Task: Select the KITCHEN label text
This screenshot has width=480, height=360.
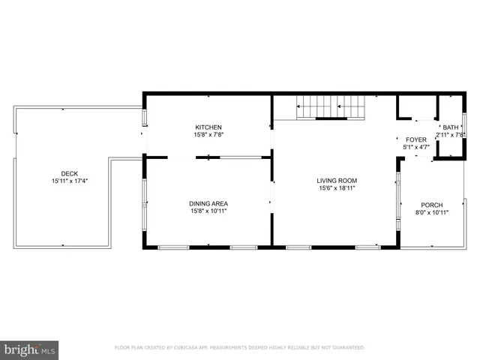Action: tap(208, 127)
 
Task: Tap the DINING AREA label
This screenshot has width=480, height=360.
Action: tap(208, 203)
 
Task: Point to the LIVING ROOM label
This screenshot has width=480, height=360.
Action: tap(336, 180)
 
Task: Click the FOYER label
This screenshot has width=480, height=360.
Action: tap(415, 139)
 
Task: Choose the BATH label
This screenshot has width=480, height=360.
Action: tap(450, 127)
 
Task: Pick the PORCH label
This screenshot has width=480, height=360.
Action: tap(431, 205)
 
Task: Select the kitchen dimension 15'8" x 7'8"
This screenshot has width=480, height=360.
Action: tap(208, 135)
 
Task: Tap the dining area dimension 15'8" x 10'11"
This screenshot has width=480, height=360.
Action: tap(208, 211)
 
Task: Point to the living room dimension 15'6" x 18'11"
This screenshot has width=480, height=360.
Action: tap(336, 188)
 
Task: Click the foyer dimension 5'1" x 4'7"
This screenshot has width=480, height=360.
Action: tap(415, 148)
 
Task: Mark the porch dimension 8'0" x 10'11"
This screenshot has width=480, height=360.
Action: tap(431, 213)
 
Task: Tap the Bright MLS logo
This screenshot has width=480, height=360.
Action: tap(30, 349)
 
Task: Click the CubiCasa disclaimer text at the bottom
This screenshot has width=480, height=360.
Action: tap(239, 348)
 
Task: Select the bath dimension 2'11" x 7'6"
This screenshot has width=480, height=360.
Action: tap(451, 136)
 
